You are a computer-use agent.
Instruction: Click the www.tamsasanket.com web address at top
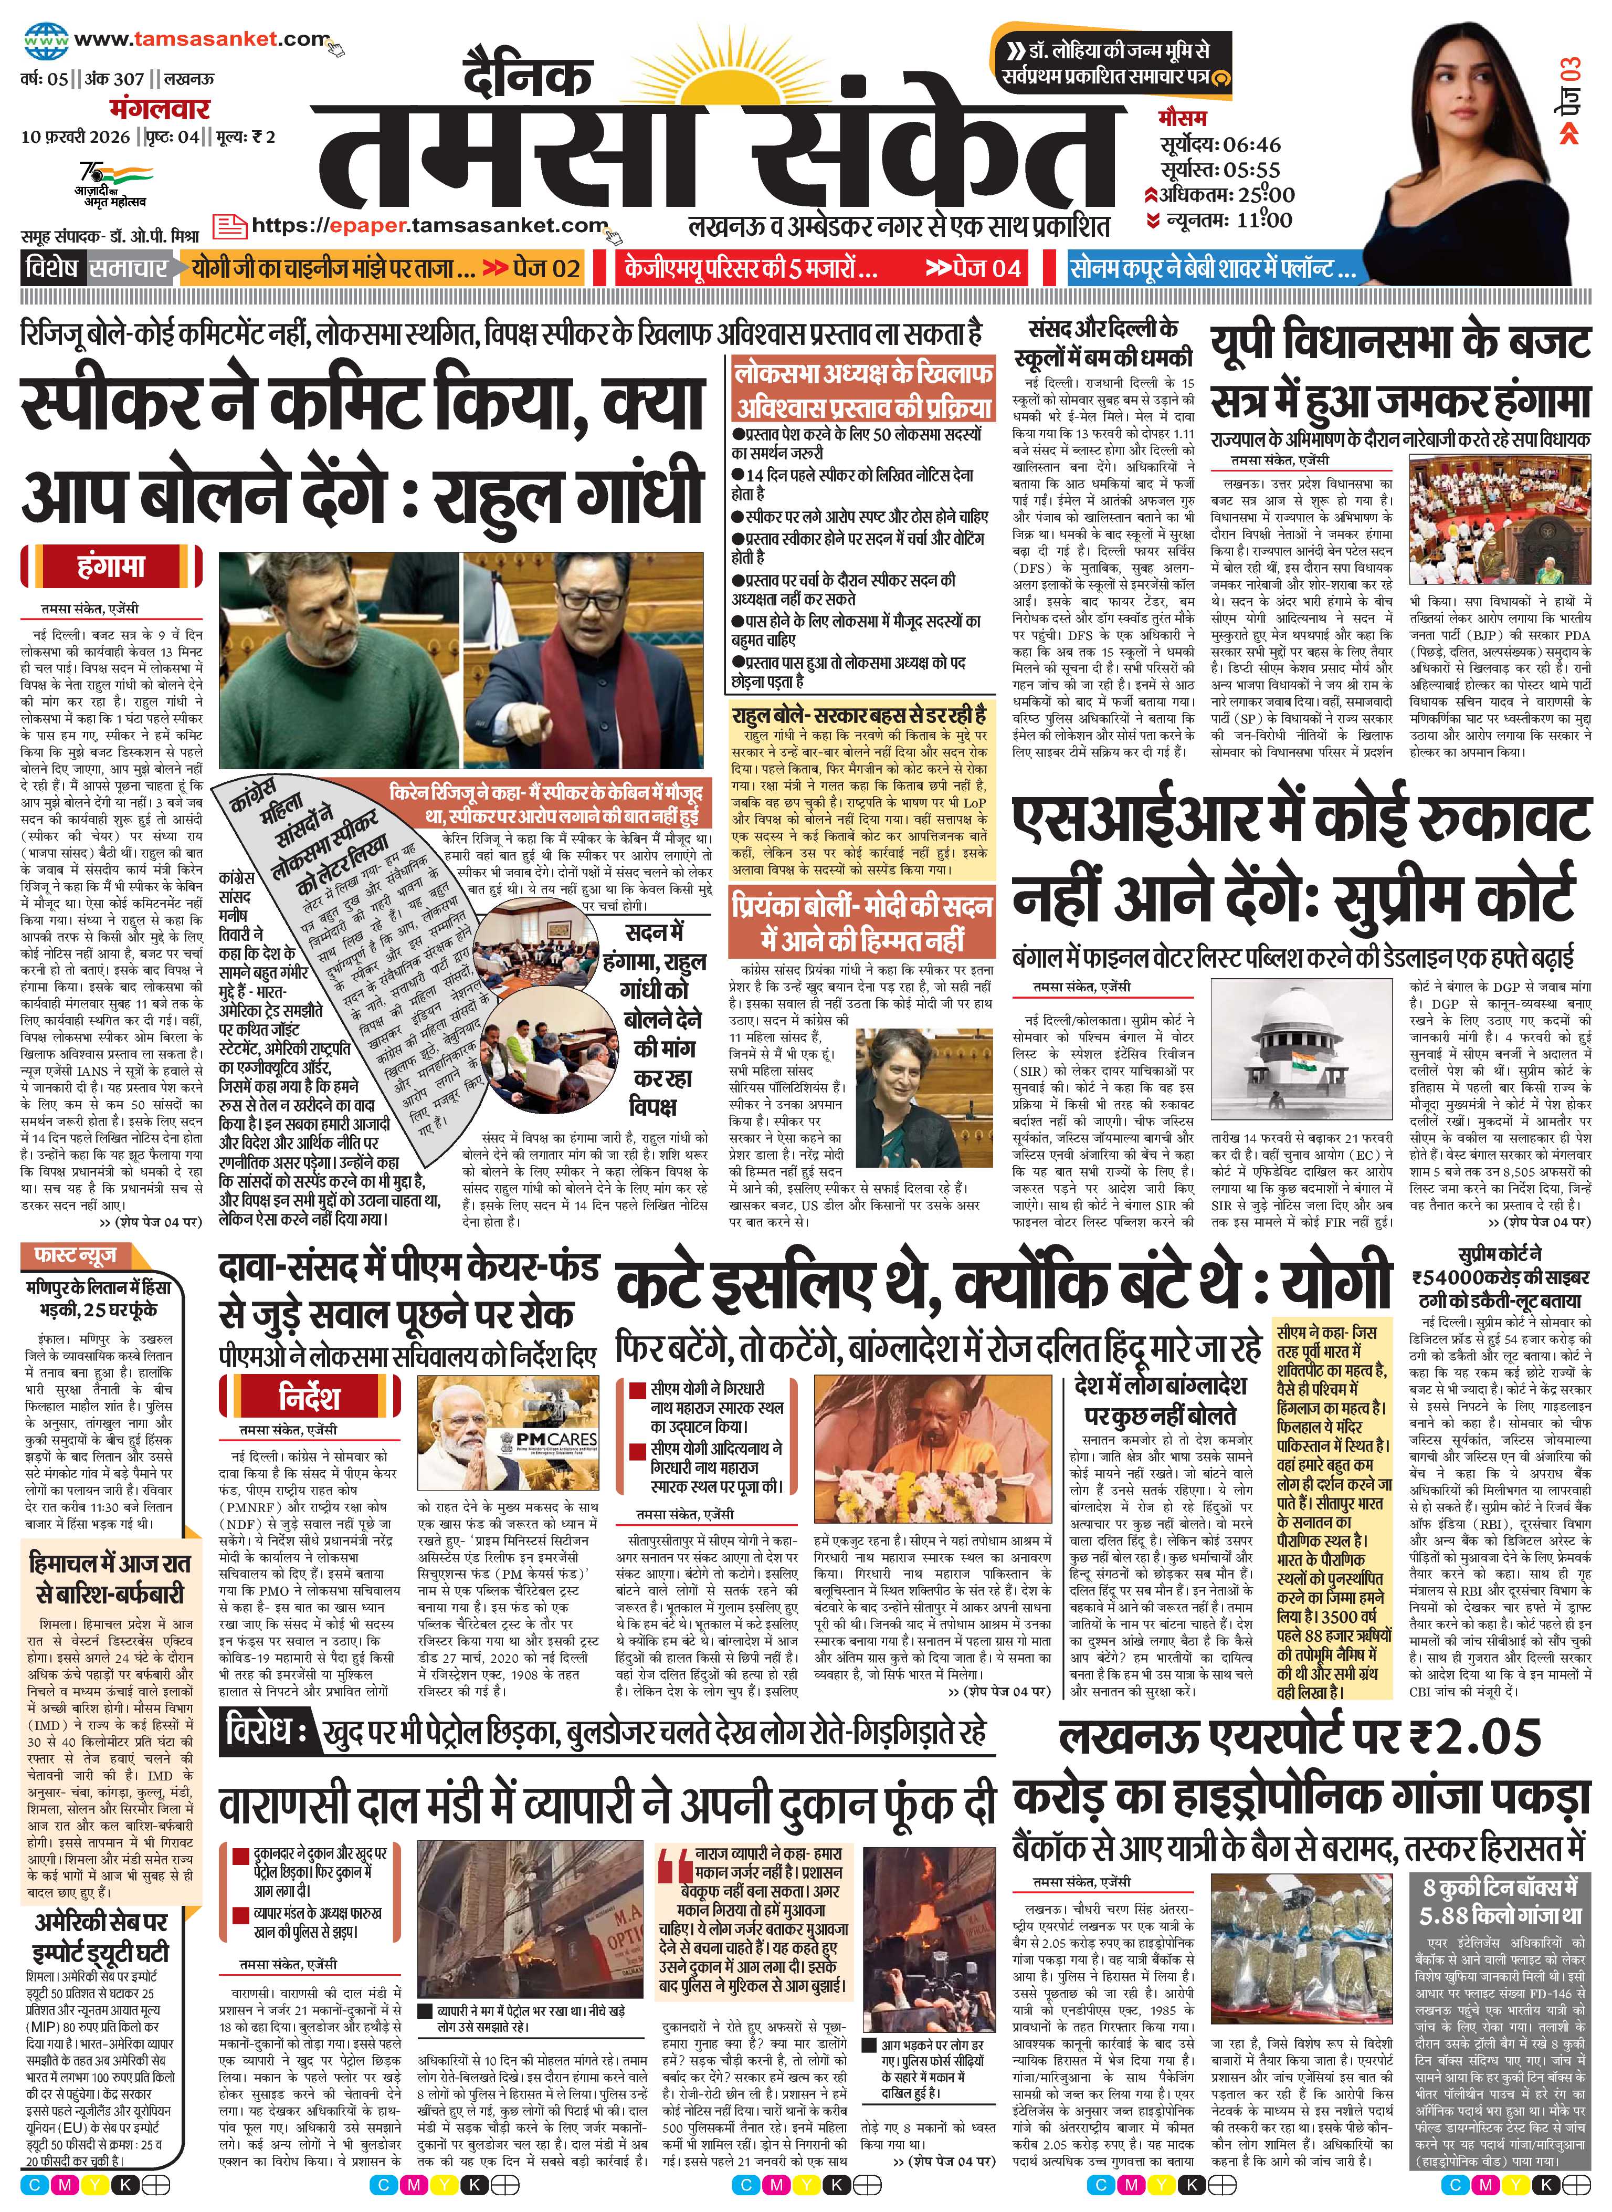200,40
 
